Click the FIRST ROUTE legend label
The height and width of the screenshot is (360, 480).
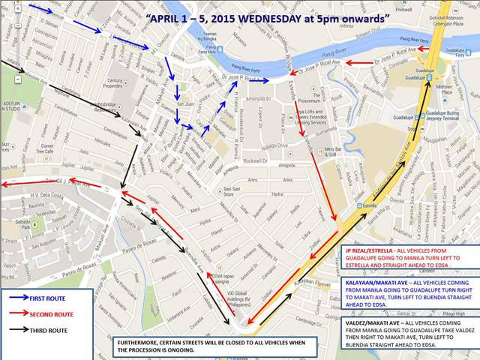[x=52, y=298]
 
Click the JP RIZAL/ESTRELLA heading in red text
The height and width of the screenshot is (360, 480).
[x=373, y=249]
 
